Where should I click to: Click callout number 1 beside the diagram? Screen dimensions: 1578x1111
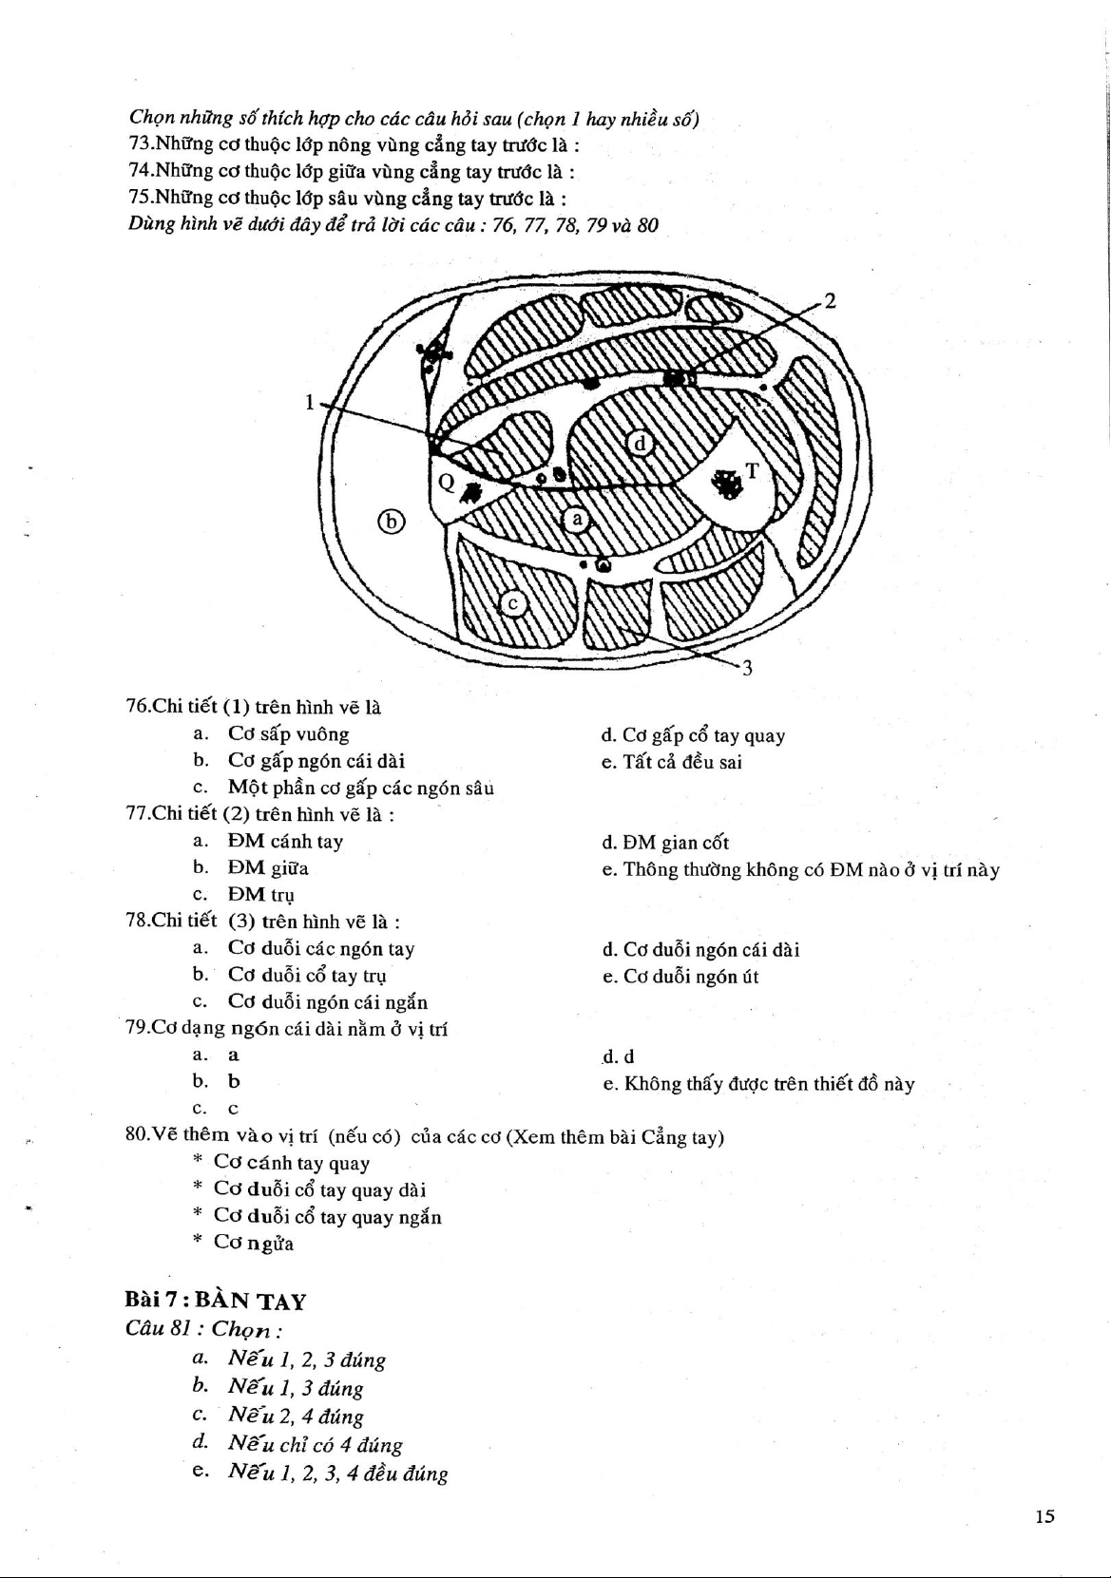(x=309, y=402)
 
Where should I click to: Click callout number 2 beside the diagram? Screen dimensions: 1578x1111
(x=830, y=302)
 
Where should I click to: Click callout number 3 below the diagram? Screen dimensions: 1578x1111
(x=748, y=668)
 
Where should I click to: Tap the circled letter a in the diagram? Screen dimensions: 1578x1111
(x=576, y=519)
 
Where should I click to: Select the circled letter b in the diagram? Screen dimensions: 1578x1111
(x=391, y=521)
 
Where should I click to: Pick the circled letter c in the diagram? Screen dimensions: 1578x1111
(x=513, y=602)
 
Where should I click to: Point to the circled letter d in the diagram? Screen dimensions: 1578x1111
(x=640, y=443)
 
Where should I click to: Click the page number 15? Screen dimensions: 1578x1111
(x=1044, y=1516)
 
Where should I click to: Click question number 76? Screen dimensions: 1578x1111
(x=143, y=707)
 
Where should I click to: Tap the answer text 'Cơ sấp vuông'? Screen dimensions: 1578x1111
(x=288, y=734)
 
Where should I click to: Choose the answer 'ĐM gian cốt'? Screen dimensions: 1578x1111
(x=676, y=843)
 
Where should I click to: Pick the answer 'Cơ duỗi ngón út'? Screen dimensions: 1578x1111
(x=690, y=977)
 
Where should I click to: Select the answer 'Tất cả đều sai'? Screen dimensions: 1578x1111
(x=681, y=762)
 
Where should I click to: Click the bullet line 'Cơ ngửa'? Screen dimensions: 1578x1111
(x=253, y=1243)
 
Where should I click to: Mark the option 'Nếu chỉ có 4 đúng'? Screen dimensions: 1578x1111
(x=315, y=1445)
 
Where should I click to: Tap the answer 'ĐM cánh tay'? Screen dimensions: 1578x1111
(x=285, y=841)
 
